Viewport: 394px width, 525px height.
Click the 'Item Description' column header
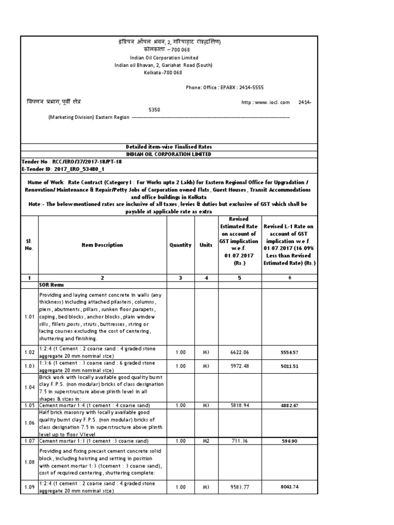[102, 245]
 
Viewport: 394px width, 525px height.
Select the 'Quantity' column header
[181, 245]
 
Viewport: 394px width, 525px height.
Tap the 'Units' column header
[206, 245]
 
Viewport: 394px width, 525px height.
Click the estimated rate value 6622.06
[240, 352]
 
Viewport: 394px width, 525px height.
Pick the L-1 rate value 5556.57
[289, 352]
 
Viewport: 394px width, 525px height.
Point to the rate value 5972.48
[240, 366]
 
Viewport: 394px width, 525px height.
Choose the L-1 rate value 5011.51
[289, 366]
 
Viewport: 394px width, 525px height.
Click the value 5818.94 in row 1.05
[240, 405]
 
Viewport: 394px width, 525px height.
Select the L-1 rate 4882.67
[289, 405]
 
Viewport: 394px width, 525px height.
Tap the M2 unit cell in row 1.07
[206, 440]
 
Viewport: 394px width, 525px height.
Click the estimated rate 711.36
[240, 440]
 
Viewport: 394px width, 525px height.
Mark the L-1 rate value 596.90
[289, 440]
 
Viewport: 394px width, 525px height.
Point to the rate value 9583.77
[240, 487]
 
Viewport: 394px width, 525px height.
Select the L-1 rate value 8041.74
[289, 487]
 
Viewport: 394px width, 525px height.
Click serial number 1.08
[29, 461]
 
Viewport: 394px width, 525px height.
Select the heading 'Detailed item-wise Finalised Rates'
[169, 147]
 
